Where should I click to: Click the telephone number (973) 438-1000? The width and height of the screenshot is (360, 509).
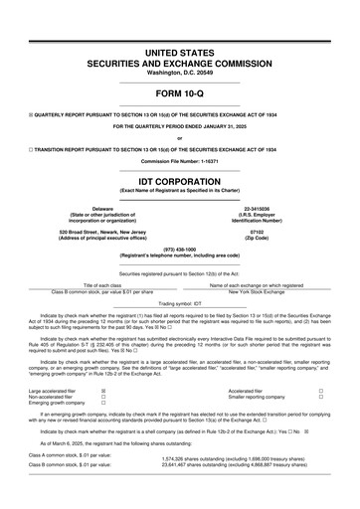coord(179,250)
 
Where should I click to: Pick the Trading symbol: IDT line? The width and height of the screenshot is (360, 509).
coord(179,301)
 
